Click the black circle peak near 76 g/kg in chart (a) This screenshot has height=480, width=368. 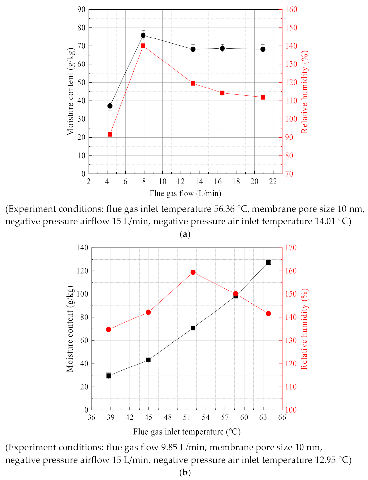(143, 35)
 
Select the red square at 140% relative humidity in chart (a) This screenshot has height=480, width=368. (143, 46)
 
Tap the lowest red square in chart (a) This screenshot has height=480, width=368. (110, 134)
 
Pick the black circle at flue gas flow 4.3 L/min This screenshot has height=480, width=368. (110, 106)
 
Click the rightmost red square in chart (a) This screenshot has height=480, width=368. (263, 97)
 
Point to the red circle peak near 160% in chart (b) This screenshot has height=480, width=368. (193, 272)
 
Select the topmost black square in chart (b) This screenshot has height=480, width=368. (268, 262)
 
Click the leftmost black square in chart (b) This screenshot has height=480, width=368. (109, 376)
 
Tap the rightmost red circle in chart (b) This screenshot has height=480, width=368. (268, 314)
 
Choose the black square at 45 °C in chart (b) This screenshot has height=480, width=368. (148, 360)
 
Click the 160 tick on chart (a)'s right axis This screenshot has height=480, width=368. (291, 10)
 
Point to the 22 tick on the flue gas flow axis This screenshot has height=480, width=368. (273, 182)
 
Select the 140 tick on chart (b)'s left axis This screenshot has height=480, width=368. (82, 248)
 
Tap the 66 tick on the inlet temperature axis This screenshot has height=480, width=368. (282, 417)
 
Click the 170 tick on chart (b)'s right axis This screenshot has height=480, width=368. (291, 248)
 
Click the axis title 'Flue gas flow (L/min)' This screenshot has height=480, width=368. (185, 194)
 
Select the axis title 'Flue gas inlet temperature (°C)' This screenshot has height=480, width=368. (187, 432)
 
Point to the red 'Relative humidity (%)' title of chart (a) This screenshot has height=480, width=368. (304, 91)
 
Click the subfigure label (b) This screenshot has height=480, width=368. (185, 473)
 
